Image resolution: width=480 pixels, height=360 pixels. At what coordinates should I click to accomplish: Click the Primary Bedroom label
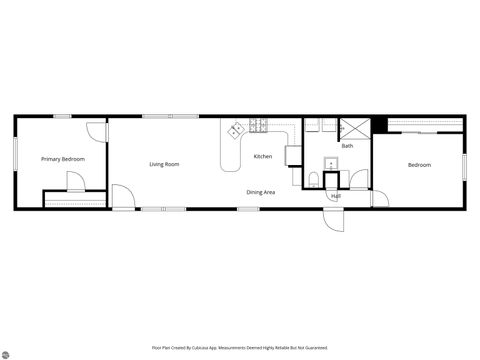click(62, 159)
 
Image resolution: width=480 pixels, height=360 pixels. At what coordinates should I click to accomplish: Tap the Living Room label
click(164, 164)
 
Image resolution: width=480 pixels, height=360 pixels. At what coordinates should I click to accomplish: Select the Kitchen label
click(262, 156)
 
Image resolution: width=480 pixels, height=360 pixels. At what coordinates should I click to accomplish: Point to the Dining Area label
click(261, 191)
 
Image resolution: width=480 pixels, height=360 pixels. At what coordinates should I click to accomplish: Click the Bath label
click(347, 147)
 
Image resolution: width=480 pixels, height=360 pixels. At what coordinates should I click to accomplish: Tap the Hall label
click(336, 196)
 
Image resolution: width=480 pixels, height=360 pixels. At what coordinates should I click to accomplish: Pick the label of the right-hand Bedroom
click(419, 165)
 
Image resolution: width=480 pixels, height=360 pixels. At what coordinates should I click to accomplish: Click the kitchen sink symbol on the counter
click(237, 130)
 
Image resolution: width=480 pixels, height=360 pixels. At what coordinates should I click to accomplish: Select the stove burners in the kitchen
click(259, 126)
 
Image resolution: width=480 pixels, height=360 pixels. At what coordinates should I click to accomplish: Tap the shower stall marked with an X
click(354, 128)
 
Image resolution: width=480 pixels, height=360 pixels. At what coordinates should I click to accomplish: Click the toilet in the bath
click(313, 179)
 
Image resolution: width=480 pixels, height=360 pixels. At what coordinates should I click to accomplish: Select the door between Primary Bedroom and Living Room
click(94, 131)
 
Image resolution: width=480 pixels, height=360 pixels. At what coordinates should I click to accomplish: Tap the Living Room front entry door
click(121, 197)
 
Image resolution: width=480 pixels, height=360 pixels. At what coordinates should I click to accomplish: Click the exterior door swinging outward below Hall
click(333, 219)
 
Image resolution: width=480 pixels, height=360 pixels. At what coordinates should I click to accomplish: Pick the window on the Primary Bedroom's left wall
click(15, 151)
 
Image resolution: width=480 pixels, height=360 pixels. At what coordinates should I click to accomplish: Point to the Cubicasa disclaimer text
click(239, 348)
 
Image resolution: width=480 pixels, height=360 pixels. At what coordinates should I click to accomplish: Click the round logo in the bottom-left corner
click(9, 352)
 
